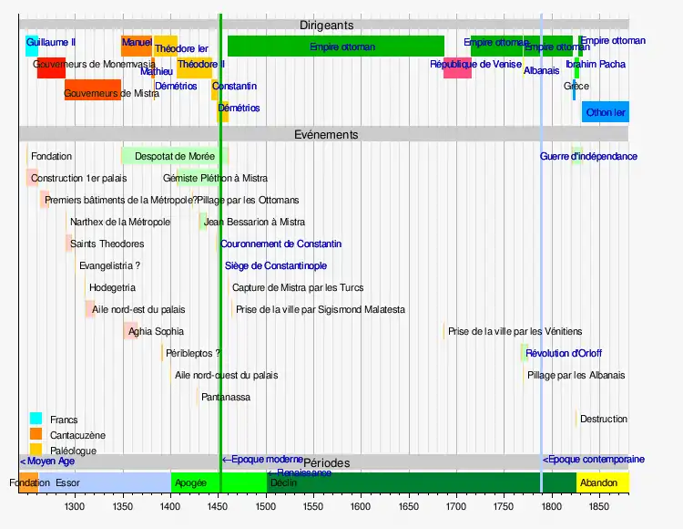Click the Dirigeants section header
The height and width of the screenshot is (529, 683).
pos(326,26)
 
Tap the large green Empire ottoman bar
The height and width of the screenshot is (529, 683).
pos(335,46)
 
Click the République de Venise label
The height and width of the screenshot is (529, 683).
pos(475,65)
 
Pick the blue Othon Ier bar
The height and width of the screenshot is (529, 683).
pos(606,112)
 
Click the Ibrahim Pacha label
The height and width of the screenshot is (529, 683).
pos(596,65)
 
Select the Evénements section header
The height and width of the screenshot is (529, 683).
pos(326,134)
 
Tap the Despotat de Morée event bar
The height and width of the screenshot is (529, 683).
pos(174,156)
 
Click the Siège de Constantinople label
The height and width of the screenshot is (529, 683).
pos(276,265)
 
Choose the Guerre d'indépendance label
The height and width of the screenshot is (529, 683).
pos(588,156)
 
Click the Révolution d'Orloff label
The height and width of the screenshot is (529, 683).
pos(563,353)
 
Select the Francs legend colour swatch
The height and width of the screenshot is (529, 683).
pos(36,420)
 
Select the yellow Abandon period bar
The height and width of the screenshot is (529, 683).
pos(601,482)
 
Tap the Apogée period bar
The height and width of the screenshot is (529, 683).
pos(191,482)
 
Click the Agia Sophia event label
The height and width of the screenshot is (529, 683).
pos(156,331)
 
